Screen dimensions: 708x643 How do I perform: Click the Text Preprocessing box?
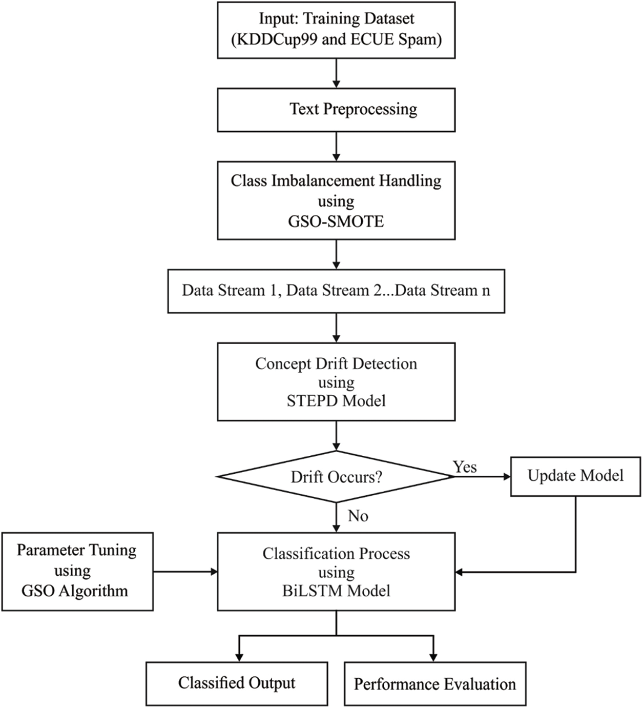[336, 110]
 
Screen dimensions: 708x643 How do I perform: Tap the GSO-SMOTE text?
[336, 221]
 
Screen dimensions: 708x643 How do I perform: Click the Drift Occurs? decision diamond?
[336, 477]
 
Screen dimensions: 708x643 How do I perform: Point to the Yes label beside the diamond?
[465, 467]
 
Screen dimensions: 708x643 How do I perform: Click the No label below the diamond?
[358, 516]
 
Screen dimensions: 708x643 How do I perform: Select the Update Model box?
[575, 476]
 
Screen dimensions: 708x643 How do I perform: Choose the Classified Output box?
[237, 683]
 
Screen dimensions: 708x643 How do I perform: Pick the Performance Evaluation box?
[435, 684]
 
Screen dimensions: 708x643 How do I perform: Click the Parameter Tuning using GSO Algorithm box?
[77, 571]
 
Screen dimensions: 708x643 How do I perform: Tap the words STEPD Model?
[336, 401]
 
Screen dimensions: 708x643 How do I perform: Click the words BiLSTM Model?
[336, 591]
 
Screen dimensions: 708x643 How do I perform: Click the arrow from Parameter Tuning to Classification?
[185, 572]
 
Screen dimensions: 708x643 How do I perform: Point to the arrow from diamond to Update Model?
[482, 477]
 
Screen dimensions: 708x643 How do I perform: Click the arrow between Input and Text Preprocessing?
[336, 73]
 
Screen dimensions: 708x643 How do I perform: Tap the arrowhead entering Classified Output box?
[239, 657]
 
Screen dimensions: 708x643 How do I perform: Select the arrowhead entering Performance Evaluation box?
[434, 657]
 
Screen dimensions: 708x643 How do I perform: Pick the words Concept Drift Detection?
[336, 364]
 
